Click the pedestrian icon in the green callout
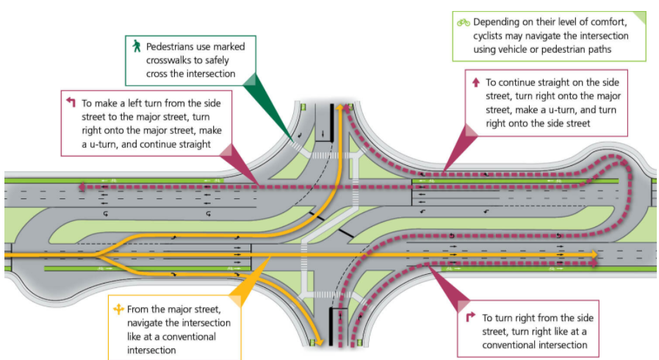point(136,46)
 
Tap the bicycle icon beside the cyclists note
point(464,22)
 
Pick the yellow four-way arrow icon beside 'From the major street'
point(118,309)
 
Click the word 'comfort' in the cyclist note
point(604,22)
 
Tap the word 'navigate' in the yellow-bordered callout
point(148,323)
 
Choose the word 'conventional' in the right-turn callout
point(510,345)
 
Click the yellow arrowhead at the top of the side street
point(341,107)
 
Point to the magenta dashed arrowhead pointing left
point(82,187)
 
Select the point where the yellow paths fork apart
point(100,254)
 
